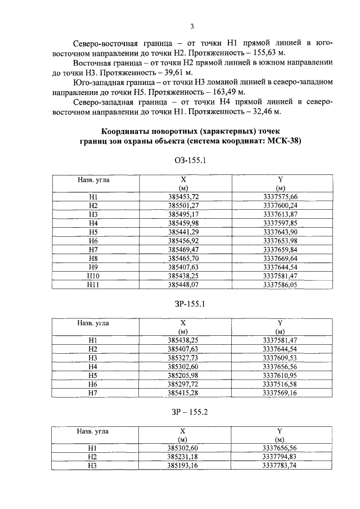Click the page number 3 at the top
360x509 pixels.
click(192, 26)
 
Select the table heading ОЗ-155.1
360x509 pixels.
click(192, 161)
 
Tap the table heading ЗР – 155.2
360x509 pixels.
click(192, 412)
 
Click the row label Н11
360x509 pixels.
click(93, 285)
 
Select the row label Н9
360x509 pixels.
click(93, 267)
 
